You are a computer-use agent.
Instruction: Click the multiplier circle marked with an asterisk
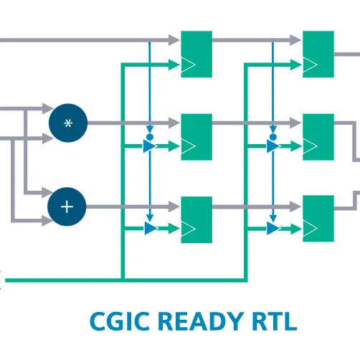pyautogui.click(x=68, y=123)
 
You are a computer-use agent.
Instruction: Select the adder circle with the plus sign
pyautogui.click(x=67, y=207)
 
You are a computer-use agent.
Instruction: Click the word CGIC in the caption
pyautogui.click(x=120, y=321)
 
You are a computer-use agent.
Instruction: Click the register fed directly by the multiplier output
pyautogui.click(x=196, y=137)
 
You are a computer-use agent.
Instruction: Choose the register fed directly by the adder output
pyautogui.click(x=196, y=219)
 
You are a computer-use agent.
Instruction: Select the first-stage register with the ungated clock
pyautogui.click(x=196, y=55)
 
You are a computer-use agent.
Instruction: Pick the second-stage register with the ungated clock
pyautogui.click(x=318, y=55)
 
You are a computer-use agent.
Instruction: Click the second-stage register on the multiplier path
pyautogui.click(x=318, y=137)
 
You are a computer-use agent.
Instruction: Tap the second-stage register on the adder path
pyautogui.click(x=318, y=219)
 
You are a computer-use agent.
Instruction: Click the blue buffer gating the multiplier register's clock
pyautogui.click(x=150, y=146)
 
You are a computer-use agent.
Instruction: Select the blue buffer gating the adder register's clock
pyautogui.click(x=151, y=228)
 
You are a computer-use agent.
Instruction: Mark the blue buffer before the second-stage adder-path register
pyautogui.click(x=273, y=228)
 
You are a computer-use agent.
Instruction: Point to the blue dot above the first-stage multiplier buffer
pyautogui.click(x=150, y=137)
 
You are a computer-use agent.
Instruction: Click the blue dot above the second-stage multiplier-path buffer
pyautogui.click(x=273, y=137)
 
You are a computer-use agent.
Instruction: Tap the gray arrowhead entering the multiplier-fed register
pyautogui.click(x=174, y=123)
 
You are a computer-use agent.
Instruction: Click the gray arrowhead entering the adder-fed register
pyautogui.click(x=174, y=207)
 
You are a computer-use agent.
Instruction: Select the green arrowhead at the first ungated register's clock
pyautogui.click(x=174, y=65)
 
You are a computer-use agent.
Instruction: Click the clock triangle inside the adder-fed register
pyautogui.click(x=189, y=229)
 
